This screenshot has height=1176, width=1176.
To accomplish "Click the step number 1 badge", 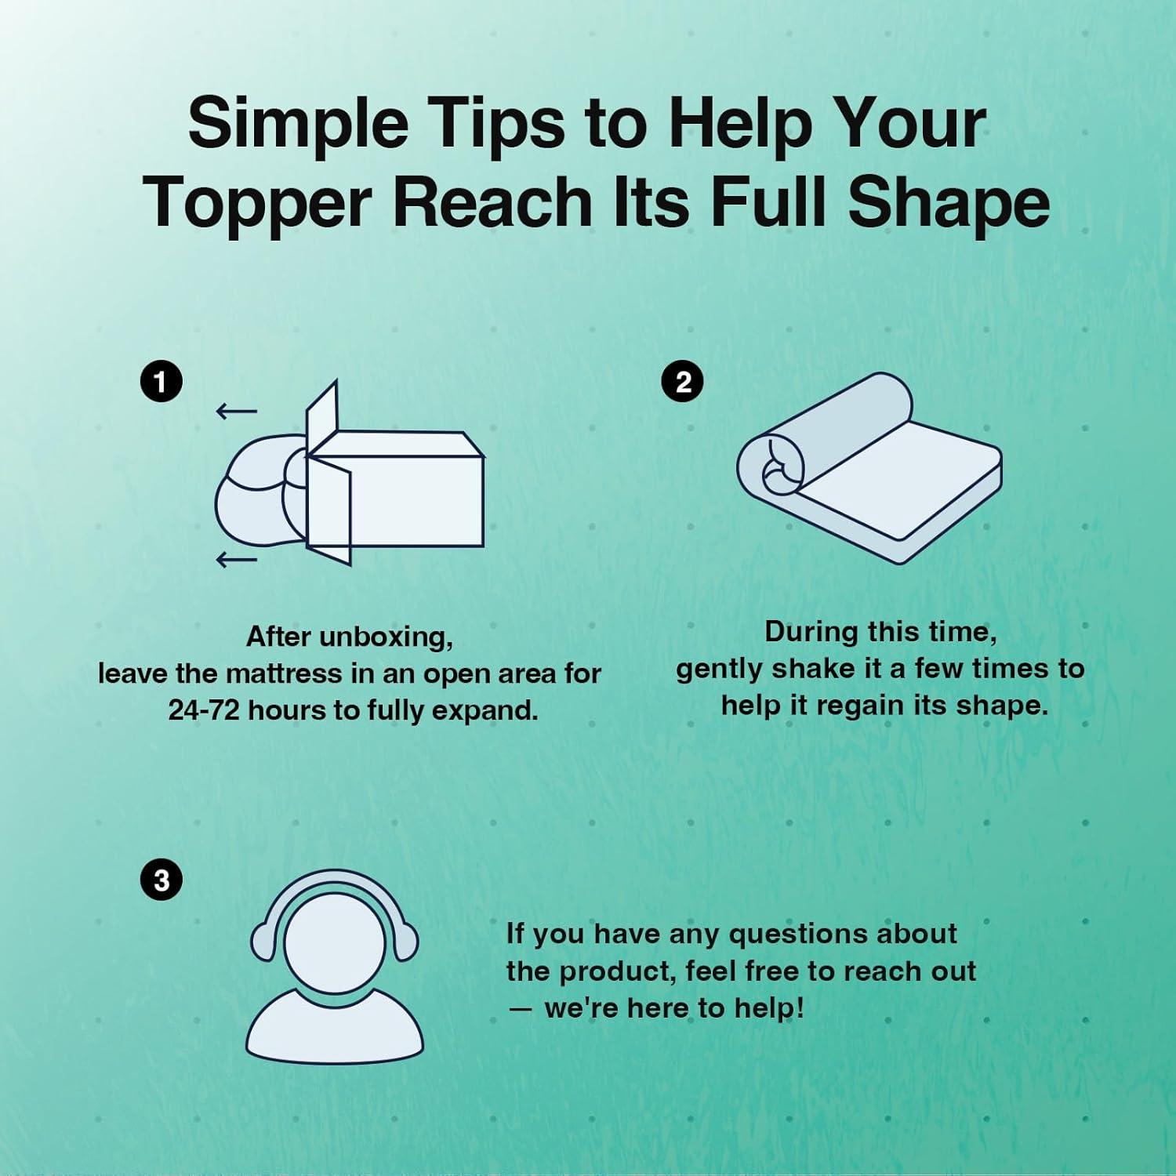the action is (x=161, y=382).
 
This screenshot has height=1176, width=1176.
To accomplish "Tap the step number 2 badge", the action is (x=683, y=382).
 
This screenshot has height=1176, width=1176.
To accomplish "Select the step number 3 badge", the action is (x=161, y=880).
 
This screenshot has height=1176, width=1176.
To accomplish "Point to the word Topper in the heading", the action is (x=257, y=202).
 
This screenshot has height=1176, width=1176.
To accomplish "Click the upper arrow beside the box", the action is (x=237, y=411).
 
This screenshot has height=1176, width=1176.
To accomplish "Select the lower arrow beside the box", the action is (x=237, y=559).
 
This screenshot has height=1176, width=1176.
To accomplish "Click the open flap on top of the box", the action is (x=322, y=416).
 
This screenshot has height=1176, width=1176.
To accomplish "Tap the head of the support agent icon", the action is (x=334, y=943).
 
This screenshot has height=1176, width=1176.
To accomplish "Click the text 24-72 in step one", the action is (x=203, y=710).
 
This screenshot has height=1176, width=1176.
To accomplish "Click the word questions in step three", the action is (x=795, y=935).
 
